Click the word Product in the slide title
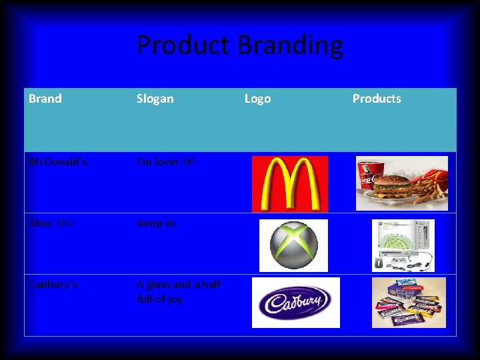click(183, 46)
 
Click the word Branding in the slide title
click(290, 46)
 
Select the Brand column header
click(45, 99)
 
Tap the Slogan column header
click(155, 99)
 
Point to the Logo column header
click(257, 99)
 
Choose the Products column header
click(377, 99)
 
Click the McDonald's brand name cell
click(57, 162)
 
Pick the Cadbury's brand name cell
click(53, 285)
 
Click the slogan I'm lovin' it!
click(166, 162)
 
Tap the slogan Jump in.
click(157, 223)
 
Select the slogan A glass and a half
click(179, 285)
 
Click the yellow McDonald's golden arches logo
click(289, 184)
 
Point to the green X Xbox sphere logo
click(289, 245)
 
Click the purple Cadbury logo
click(295, 303)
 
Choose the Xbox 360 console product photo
click(403, 245)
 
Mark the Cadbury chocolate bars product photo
click(409, 303)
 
